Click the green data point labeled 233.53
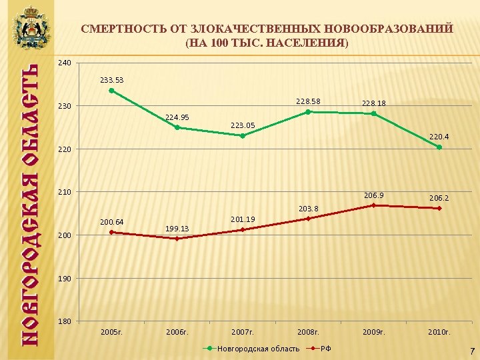click(111, 91)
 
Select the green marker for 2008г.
click(308, 112)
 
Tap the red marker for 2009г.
click(373, 205)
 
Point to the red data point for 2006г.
click(177, 239)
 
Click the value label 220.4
click(439, 137)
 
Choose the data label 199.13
click(177, 229)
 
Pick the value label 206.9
click(373, 195)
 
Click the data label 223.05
click(243, 125)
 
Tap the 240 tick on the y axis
click(64, 63)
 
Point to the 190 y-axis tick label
click(64, 278)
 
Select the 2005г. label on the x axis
click(111, 331)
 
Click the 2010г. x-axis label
click(439, 331)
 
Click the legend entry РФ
click(327, 349)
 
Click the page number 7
click(471, 350)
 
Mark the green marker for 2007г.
click(243, 136)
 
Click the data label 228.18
click(373, 103)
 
